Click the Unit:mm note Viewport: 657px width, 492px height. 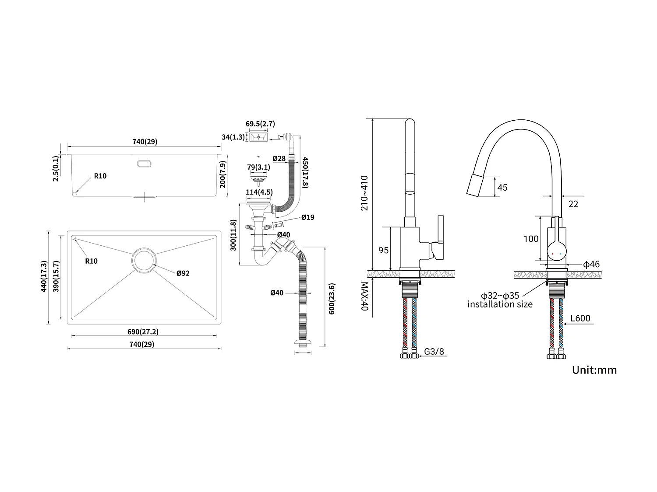(594, 370)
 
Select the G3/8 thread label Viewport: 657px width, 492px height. (434, 351)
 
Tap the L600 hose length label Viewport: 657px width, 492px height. (580, 318)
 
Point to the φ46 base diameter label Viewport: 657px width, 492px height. (591, 264)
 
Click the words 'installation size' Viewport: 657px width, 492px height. (500, 304)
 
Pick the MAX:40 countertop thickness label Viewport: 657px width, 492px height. (365, 296)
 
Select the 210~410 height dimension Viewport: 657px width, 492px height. (364, 192)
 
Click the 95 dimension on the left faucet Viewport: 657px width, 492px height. (383, 250)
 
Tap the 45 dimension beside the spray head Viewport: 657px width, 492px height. (502, 187)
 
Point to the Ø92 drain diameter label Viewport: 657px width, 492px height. (183, 273)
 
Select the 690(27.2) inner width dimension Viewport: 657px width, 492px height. (143, 331)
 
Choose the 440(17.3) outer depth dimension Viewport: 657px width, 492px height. (43, 276)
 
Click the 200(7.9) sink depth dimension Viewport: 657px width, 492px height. (223, 174)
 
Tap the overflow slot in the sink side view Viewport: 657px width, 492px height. (144, 164)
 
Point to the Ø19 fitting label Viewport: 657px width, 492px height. (307, 217)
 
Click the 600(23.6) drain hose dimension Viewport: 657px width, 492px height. (332, 299)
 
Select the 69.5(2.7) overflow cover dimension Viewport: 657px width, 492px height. (260, 124)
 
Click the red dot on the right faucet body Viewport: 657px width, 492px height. (553, 254)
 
